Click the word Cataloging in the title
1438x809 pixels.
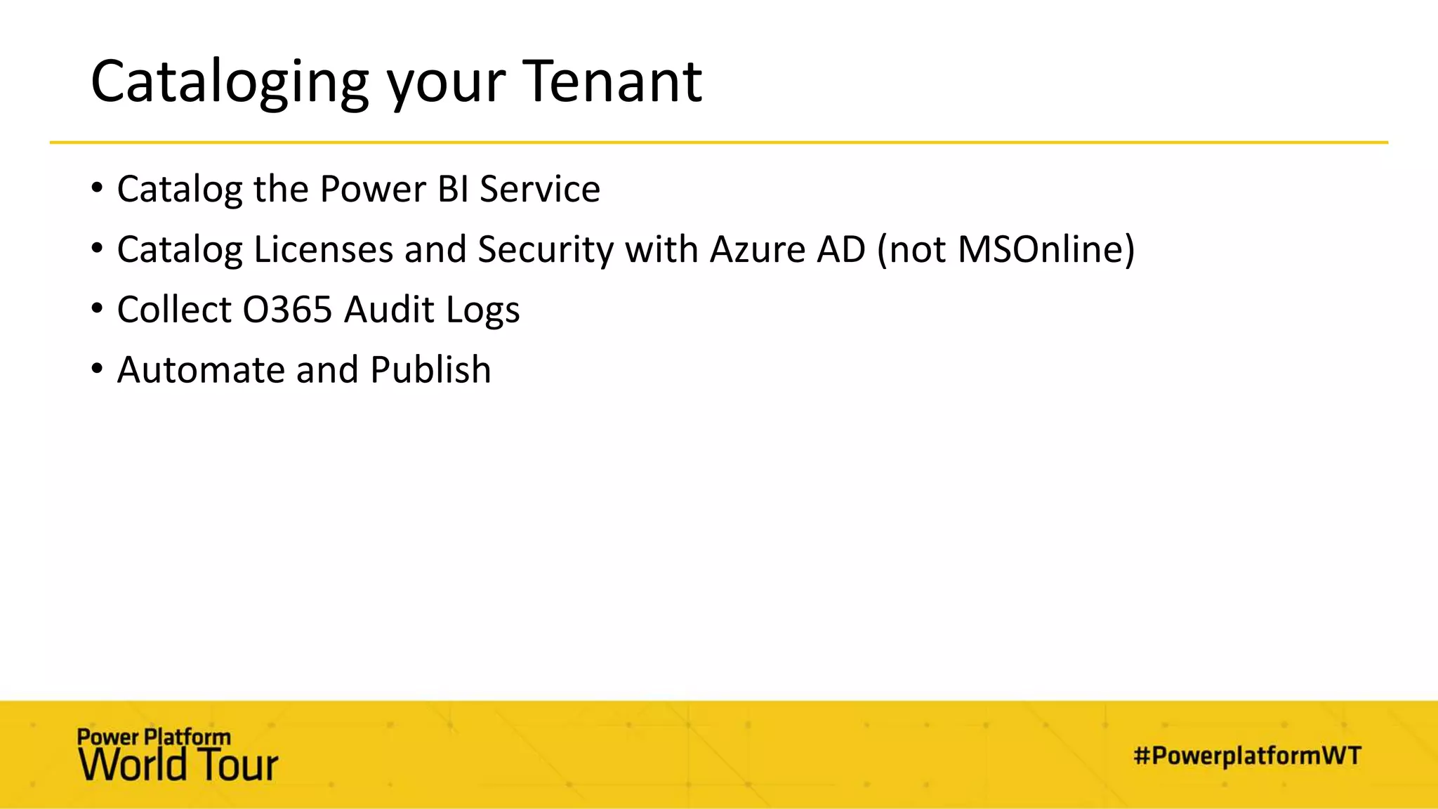[230, 83]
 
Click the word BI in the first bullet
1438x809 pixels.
[453, 189]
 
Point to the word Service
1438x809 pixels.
[540, 189]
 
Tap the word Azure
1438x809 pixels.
[758, 249]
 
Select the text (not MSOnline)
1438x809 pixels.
[1005, 249]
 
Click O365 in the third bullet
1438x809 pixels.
[287, 310]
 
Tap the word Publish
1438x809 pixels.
[430, 370]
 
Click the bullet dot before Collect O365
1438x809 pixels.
[97, 308]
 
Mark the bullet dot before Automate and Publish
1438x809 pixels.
[97, 369]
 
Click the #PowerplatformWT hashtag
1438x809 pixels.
[1247, 756]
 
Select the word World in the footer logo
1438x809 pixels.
[132, 765]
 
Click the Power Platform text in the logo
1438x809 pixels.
[154, 737]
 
